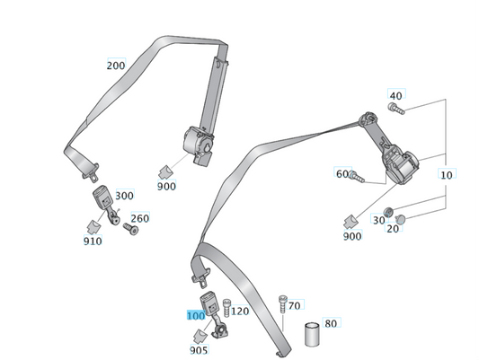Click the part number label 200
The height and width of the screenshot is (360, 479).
(116, 66)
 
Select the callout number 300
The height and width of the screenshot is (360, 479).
(124, 196)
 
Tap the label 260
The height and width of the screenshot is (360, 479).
(139, 218)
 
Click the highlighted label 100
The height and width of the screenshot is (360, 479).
(195, 316)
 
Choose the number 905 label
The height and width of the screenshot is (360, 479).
(199, 350)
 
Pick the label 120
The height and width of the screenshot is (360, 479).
(240, 312)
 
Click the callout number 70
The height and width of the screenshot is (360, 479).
(295, 305)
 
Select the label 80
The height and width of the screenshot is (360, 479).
(331, 323)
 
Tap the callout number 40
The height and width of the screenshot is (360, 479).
(396, 95)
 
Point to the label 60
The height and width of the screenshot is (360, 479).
(342, 173)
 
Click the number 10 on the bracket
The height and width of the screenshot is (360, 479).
(447, 173)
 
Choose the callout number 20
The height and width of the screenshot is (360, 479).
(393, 229)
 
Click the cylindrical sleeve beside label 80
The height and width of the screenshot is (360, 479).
(313, 335)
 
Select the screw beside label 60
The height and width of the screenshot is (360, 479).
(355, 176)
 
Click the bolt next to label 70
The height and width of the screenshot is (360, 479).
(283, 304)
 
